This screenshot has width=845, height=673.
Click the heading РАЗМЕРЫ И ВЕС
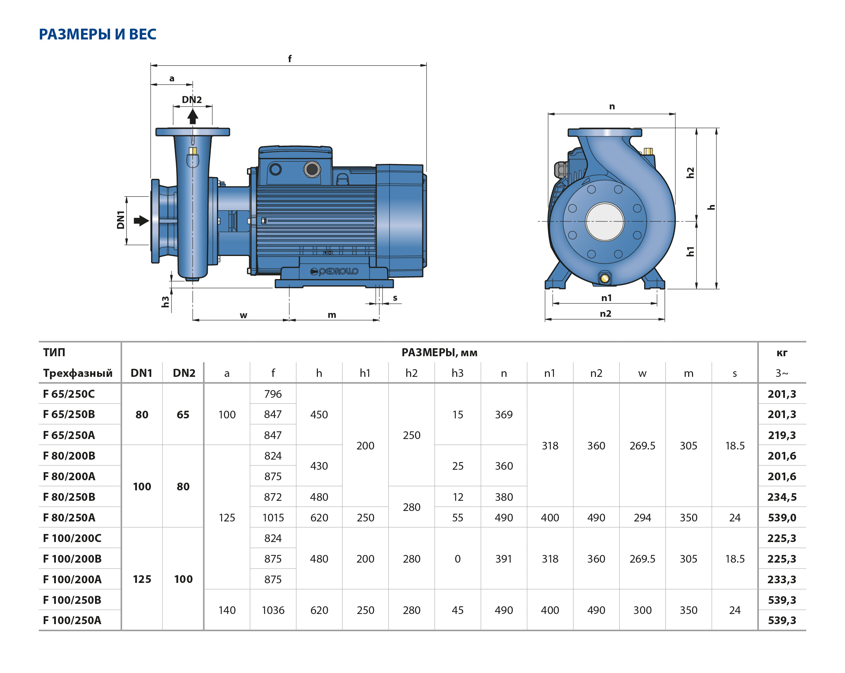(97, 34)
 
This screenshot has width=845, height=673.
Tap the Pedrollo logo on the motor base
(334, 271)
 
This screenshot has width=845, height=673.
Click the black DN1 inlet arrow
(141, 221)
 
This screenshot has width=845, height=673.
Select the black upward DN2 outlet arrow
(192, 117)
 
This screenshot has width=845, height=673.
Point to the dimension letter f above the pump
(290, 59)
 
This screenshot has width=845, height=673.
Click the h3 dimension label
(165, 301)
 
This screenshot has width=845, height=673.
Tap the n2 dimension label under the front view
(605, 314)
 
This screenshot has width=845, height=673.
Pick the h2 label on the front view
(690, 173)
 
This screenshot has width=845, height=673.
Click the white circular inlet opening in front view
(604, 221)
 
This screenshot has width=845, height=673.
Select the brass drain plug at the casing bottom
(604, 278)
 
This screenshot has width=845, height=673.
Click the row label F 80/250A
(69, 517)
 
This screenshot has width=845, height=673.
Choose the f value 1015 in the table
(273, 517)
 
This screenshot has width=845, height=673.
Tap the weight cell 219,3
(781, 435)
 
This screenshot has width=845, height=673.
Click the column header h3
(457, 373)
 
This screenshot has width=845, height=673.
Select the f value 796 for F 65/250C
(273, 394)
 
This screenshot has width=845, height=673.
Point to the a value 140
(227, 610)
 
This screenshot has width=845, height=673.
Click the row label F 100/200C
(72, 538)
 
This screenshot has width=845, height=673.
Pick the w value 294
(642, 517)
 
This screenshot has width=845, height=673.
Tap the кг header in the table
(781, 353)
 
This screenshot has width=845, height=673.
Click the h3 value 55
(457, 517)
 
